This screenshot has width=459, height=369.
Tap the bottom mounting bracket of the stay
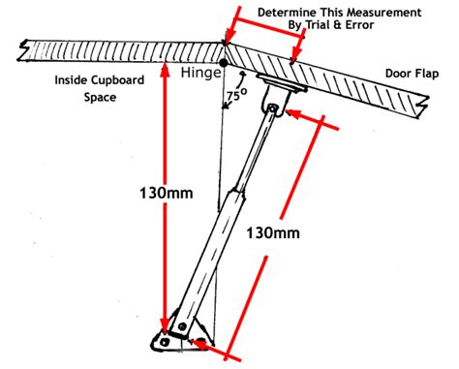(175, 336)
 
